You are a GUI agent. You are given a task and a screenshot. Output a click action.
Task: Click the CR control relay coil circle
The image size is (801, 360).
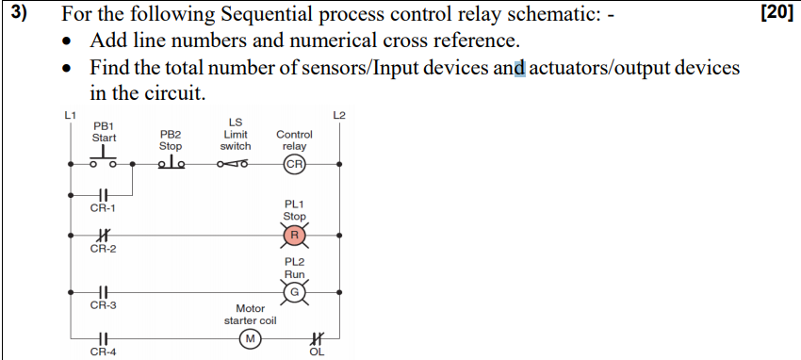click(x=295, y=164)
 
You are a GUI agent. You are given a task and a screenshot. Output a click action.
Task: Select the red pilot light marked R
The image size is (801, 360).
click(x=295, y=235)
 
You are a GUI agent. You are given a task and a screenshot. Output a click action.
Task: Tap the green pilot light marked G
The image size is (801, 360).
click(x=295, y=292)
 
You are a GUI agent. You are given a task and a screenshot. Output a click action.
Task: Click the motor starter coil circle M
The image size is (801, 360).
click(x=251, y=338)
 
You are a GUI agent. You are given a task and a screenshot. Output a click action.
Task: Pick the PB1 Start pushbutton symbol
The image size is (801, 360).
click(x=104, y=156)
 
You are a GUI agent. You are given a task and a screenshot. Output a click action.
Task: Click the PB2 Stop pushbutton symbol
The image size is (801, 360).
click(x=172, y=162)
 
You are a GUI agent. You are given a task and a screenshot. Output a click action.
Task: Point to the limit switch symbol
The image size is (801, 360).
click(x=233, y=164)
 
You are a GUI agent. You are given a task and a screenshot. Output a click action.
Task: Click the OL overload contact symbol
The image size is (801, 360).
click(x=318, y=338)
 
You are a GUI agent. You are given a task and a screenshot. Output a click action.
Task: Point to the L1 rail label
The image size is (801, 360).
click(x=70, y=115)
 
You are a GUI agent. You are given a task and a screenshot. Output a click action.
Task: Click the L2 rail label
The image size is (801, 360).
click(x=338, y=115)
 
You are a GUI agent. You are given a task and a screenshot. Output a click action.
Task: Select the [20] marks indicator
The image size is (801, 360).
click(x=776, y=14)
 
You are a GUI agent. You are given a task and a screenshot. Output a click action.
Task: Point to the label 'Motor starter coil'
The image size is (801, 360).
click(x=251, y=315)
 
